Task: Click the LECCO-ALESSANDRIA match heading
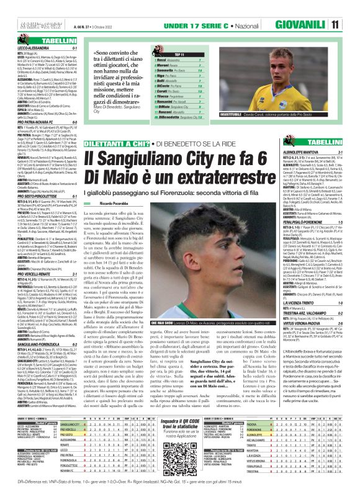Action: (x=24, y=47)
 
